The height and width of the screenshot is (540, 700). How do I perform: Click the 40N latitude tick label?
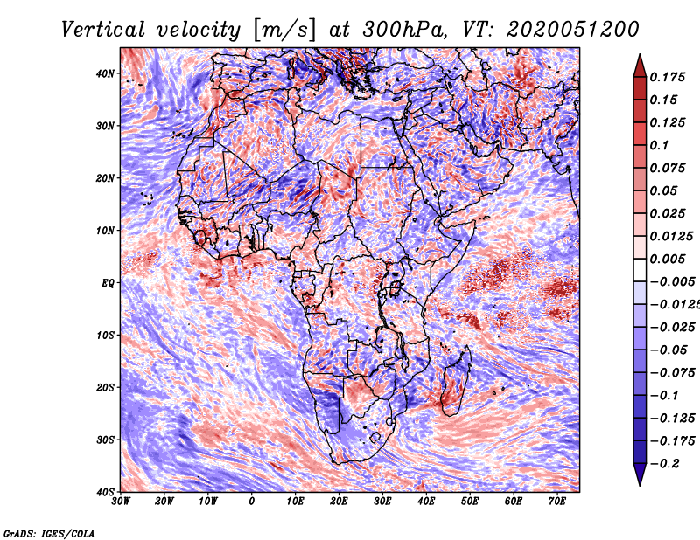(x=105, y=73)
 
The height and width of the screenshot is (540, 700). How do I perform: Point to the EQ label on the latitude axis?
(x=108, y=283)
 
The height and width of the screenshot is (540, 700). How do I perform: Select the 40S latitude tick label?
(x=105, y=492)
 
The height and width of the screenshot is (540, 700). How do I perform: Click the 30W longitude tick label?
(x=121, y=502)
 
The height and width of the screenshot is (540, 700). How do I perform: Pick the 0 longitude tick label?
(x=252, y=502)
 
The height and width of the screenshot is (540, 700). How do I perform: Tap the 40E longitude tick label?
(x=426, y=502)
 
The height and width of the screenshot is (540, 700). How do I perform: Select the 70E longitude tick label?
(x=557, y=502)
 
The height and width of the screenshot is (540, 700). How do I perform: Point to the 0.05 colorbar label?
(x=664, y=190)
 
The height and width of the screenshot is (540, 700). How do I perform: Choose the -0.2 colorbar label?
(x=664, y=464)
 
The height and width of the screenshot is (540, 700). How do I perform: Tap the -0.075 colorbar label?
(x=672, y=373)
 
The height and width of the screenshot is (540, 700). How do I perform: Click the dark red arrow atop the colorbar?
(x=640, y=66)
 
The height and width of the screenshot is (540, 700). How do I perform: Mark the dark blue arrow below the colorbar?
(x=640, y=474)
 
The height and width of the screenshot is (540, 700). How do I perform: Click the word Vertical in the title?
(x=103, y=30)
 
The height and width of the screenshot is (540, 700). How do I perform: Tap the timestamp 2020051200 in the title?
(x=573, y=30)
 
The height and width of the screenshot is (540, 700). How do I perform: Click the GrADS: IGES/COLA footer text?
(x=49, y=534)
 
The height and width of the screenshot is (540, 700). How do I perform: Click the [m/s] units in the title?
(x=284, y=30)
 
